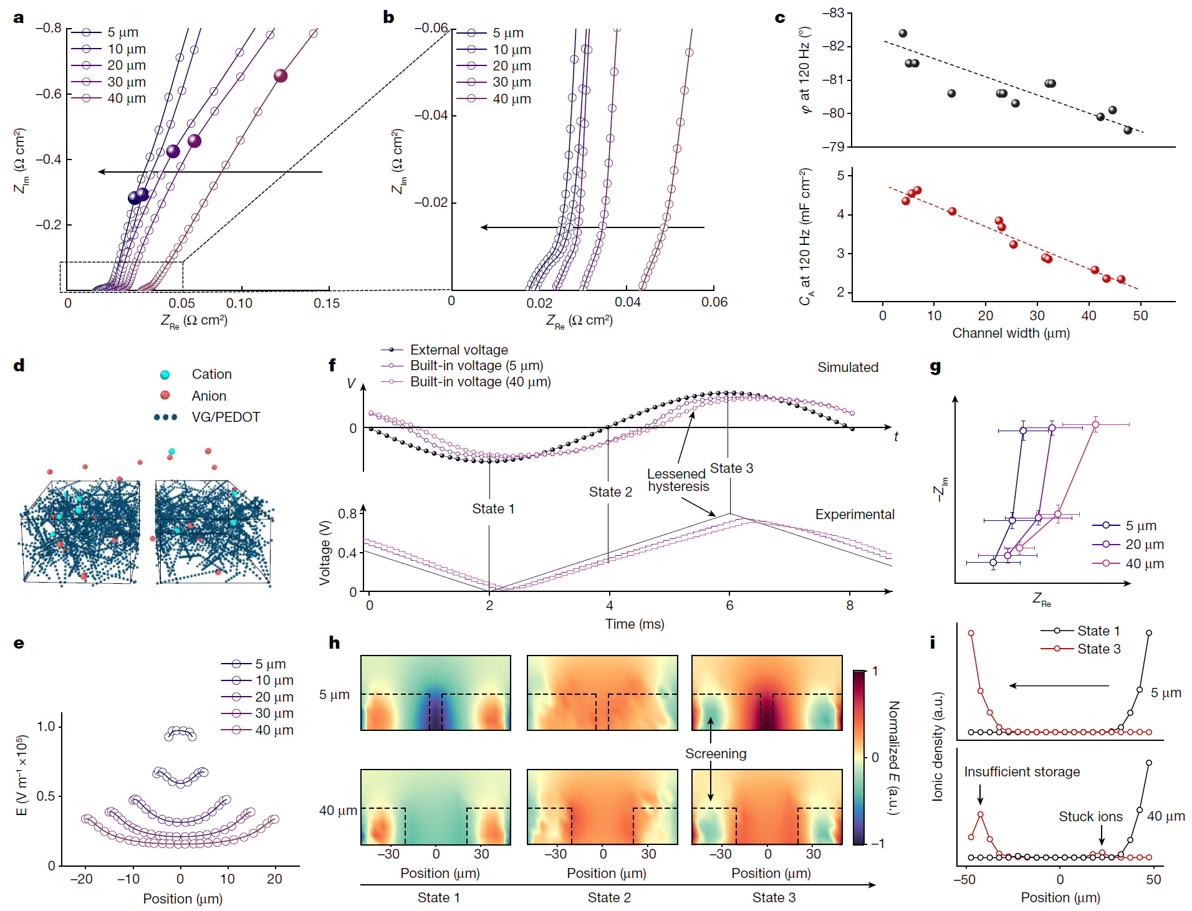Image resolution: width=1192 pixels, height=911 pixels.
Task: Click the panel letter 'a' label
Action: [x=19, y=17]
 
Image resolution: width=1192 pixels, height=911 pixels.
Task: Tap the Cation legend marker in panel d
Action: [x=165, y=374]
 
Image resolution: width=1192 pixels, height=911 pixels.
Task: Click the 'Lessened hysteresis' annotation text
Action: [x=678, y=480]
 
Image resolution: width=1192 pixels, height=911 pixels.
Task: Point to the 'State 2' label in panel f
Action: [x=610, y=492]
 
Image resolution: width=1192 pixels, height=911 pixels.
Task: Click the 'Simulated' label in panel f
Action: [x=847, y=368]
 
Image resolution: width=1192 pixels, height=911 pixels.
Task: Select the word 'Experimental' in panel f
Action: [x=854, y=515]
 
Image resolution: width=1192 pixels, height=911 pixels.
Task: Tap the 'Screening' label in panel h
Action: [x=715, y=754]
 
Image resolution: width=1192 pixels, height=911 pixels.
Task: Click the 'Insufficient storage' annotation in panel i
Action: [x=1022, y=772]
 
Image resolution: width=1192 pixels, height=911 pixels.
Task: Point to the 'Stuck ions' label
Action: [x=1090, y=817]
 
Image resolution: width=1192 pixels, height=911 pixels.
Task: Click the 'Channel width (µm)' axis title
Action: [x=1011, y=333]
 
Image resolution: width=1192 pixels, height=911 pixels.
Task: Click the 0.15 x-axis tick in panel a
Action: [x=327, y=303]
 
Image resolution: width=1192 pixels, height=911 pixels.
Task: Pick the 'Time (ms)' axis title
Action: [x=635, y=624]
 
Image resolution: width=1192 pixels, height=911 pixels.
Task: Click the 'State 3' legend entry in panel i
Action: [x=1098, y=649]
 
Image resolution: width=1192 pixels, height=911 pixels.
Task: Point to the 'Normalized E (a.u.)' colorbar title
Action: [x=894, y=757]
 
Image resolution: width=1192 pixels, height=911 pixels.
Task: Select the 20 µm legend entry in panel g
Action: [x=1144, y=545]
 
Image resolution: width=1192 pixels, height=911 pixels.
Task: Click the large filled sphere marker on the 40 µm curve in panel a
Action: [x=281, y=76]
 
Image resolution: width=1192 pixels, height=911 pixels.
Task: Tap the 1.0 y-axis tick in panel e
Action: [x=46, y=727]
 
